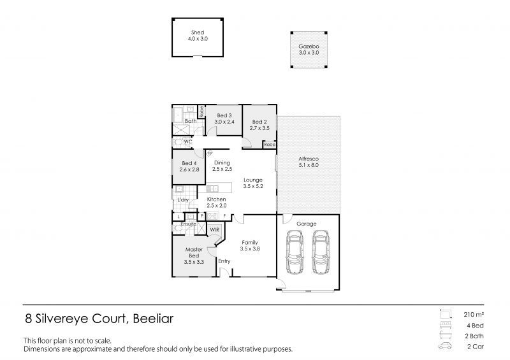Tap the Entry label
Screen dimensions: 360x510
click(224, 261)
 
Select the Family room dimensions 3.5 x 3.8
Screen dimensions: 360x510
click(250, 248)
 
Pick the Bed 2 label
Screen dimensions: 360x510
click(258, 122)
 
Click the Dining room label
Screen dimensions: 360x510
click(222, 163)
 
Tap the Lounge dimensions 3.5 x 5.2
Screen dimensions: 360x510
click(253, 187)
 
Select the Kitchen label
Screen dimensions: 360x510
click(217, 200)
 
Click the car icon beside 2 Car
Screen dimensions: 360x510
click(444, 347)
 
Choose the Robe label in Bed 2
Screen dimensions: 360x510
click(269, 145)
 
